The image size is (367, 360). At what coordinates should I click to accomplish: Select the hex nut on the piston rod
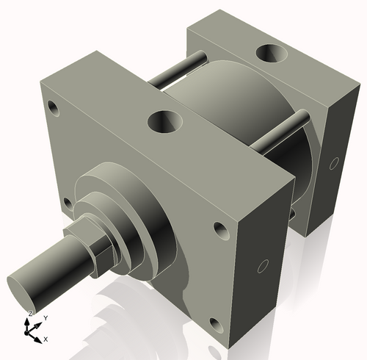pyautogui.click(x=95, y=246)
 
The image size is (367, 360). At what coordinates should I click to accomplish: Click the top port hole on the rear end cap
pyautogui.click(x=269, y=54)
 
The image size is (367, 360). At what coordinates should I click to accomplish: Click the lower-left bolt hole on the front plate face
pyautogui.click(x=68, y=202)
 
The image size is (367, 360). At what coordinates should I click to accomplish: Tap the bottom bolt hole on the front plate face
pyautogui.click(x=214, y=323)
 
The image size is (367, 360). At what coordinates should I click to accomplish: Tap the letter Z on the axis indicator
pyautogui.click(x=30, y=314)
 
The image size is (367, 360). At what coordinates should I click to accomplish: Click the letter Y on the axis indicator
pyautogui.click(x=46, y=317)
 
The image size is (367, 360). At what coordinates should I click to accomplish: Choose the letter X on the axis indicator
pyautogui.click(x=46, y=339)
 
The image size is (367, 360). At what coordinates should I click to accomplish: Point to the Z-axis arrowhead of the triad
pyautogui.click(x=29, y=322)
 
